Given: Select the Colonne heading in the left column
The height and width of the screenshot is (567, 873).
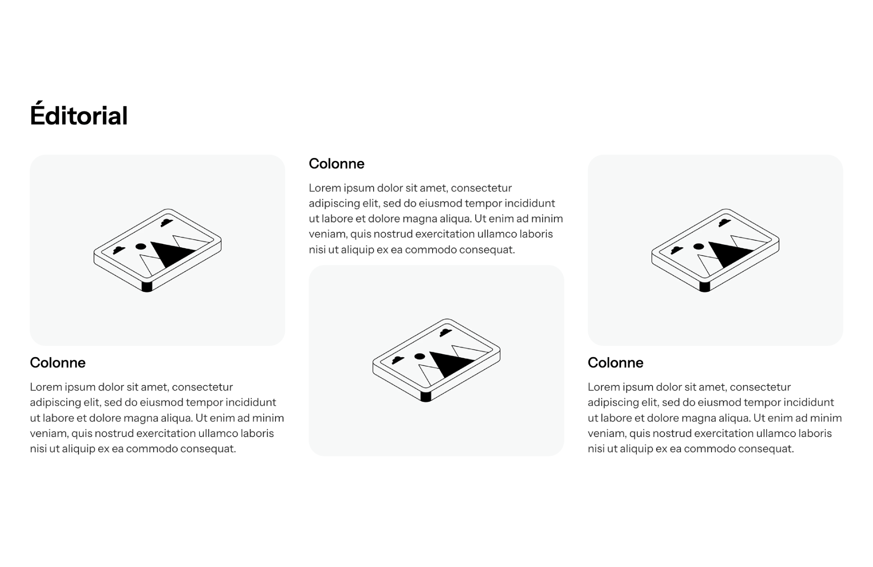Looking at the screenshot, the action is (x=58, y=362).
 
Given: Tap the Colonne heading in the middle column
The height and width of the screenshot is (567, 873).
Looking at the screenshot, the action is (x=337, y=164).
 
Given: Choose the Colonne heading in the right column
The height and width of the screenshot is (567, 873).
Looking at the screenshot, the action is (x=615, y=362).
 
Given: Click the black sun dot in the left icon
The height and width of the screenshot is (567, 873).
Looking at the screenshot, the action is (x=141, y=246).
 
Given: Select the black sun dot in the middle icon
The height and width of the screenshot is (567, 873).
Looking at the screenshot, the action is (x=419, y=356).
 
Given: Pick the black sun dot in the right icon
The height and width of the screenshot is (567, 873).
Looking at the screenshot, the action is (x=698, y=246).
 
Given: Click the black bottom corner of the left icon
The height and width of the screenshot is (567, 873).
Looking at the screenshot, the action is (x=147, y=287).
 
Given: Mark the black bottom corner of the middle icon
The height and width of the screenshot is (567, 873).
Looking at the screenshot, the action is (x=426, y=396).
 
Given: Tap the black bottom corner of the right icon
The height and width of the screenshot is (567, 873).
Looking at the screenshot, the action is (x=705, y=287).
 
